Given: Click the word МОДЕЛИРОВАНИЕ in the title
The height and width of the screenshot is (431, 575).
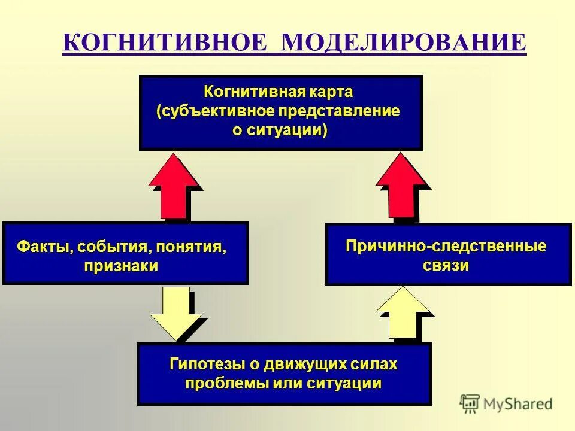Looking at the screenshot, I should point(403,44).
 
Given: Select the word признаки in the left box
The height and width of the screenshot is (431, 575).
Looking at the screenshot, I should point(122,266).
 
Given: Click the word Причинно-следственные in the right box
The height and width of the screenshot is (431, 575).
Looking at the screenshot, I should point(446,246).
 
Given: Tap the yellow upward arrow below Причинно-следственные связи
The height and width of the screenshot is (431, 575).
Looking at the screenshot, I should point(403,314).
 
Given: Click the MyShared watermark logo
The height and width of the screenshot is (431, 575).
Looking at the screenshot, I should point(506,404).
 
